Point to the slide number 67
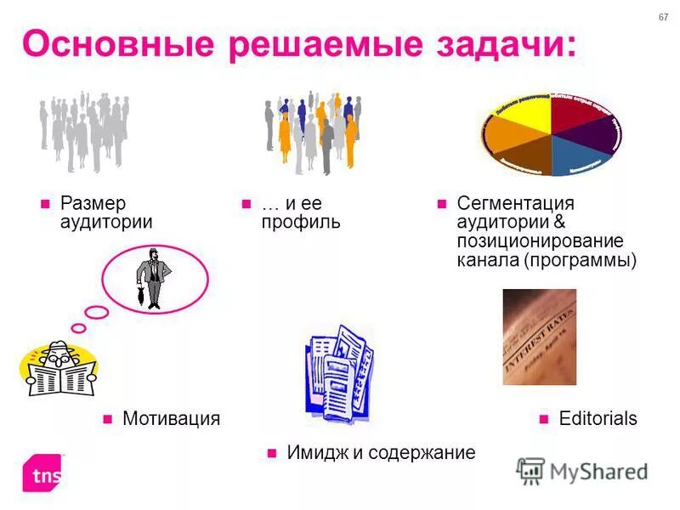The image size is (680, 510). click(663, 19)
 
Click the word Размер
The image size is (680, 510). click(93, 204)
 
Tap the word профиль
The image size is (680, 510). click(300, 223)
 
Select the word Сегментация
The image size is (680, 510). click(515, 204)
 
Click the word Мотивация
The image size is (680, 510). click(171, 418)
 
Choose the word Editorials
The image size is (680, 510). click(598, 418)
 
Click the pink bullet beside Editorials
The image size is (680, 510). click(544, 418)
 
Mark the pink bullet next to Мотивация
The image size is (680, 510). click(108, 418)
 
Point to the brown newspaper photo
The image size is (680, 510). click(539, 337)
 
